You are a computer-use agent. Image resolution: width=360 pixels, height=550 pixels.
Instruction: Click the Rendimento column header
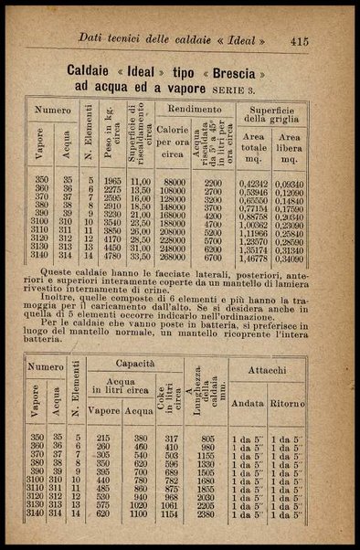[x=195, y=107]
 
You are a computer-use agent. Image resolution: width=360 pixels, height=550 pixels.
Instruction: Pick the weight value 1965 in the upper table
[x=112, y=183]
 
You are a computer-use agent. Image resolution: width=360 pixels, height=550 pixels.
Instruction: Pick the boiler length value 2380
[x=204, y=514]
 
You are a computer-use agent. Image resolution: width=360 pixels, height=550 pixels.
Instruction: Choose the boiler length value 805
[x=206, y=438]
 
